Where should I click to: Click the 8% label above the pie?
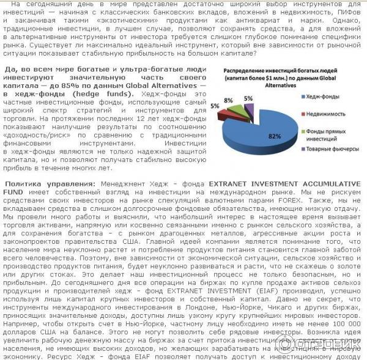228,100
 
